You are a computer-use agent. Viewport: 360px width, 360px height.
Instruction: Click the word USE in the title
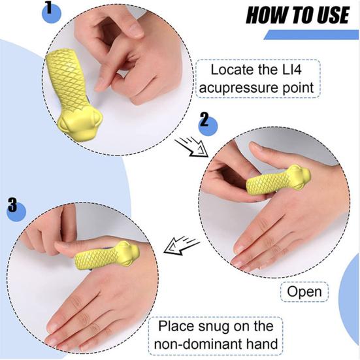tap(332, 15)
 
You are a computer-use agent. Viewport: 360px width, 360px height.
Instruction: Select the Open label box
tap(304, 291)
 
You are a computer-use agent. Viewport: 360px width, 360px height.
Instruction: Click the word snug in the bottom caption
tap(217, 325)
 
